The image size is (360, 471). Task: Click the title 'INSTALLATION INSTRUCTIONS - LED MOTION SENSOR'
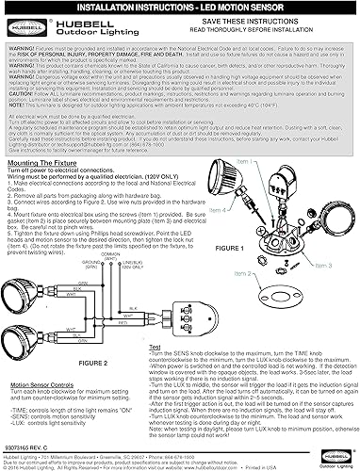179,6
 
